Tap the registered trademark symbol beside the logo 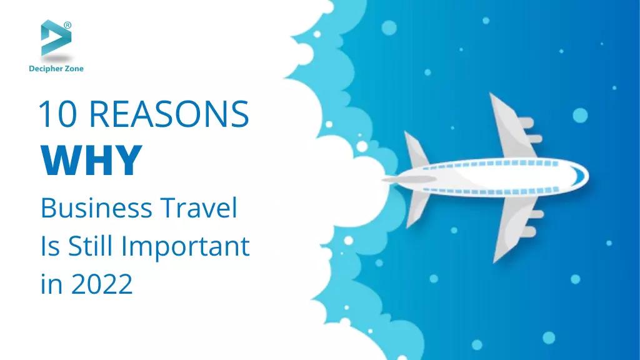pyautogui.click(x=67, y=25)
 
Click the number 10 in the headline pyautogui.click(x=57, y=114)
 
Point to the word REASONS pyautogui.click(x=169, y=114)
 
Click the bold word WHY pyautogui.click(x=91, y=161)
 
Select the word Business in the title pyautogui.click(x=96, y=208)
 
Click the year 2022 pyautogui.click(x=102, y=284)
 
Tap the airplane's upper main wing pyautogui.click(x=512, y=127)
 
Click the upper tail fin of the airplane pyautogui.click(x=416, y=149)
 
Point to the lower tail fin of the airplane pyautogui.click(x=417, y=209)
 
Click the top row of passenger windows pyautogui.click(x=490, y=164)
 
